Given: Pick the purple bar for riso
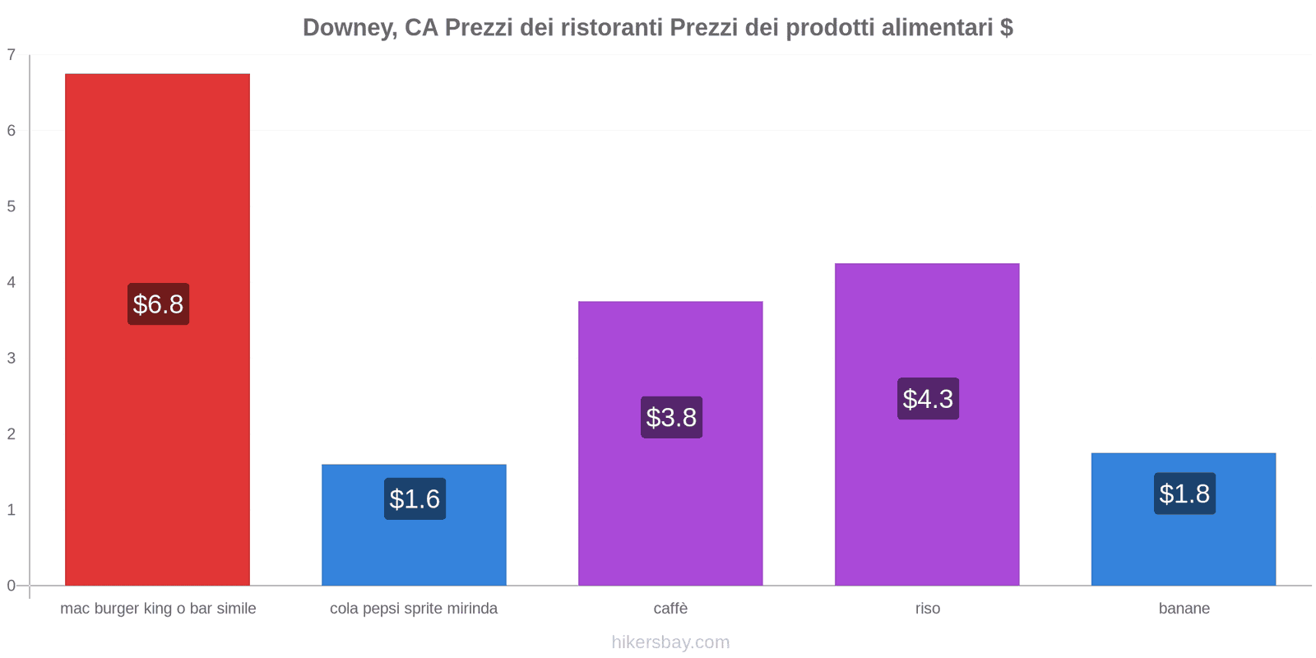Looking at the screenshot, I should tap(927, 493).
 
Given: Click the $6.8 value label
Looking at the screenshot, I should tap(158, 304).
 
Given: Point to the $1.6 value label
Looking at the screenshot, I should tap(415, 499).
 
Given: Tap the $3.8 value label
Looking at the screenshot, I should tap(671, 418).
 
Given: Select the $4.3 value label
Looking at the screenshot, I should tap(928, 399).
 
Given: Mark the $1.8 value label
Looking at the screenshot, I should tap(1184, 493).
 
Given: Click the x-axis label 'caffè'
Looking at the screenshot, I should tap(670, 609).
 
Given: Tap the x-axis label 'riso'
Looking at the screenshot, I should tap(927, 609).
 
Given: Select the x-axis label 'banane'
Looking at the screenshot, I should tap(1184, 609).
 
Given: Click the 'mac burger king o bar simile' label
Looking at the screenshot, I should tap(158, 609).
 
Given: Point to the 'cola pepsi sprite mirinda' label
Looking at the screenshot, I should tap(414, 609).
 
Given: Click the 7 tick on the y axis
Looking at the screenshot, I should tap(12, 55).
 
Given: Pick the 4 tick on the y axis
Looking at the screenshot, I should tap(12, 282).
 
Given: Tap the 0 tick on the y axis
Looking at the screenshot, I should tap(12, 586).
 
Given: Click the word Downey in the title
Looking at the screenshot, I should tap(349, 28).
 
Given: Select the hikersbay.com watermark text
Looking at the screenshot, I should tap(670, 642).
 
